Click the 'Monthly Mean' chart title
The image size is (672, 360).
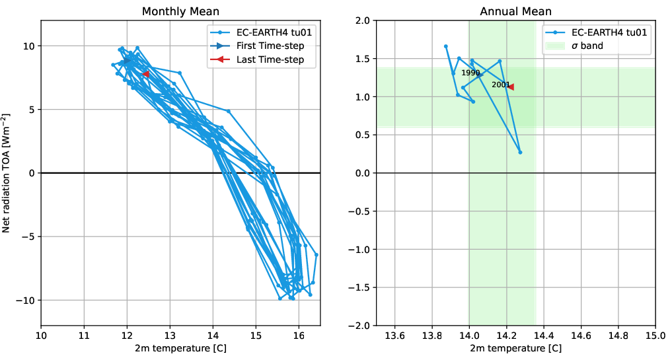click(180, 11)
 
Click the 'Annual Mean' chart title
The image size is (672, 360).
click(515, 11)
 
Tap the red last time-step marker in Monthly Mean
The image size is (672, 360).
click(145, 75)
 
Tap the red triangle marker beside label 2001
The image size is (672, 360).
click(510, 87)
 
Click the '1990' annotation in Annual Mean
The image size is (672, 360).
click(470, 73)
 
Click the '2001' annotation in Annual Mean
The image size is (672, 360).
click(500, 85)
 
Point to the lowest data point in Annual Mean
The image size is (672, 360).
click(520, 153)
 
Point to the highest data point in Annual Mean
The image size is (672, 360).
click(446, 46)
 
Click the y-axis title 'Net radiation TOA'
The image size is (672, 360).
click(7, 173)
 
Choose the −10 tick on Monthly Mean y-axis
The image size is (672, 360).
click(26, 300)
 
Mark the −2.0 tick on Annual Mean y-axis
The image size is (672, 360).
click(359, 326)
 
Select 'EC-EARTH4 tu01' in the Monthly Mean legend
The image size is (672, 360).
click(266, 32)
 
